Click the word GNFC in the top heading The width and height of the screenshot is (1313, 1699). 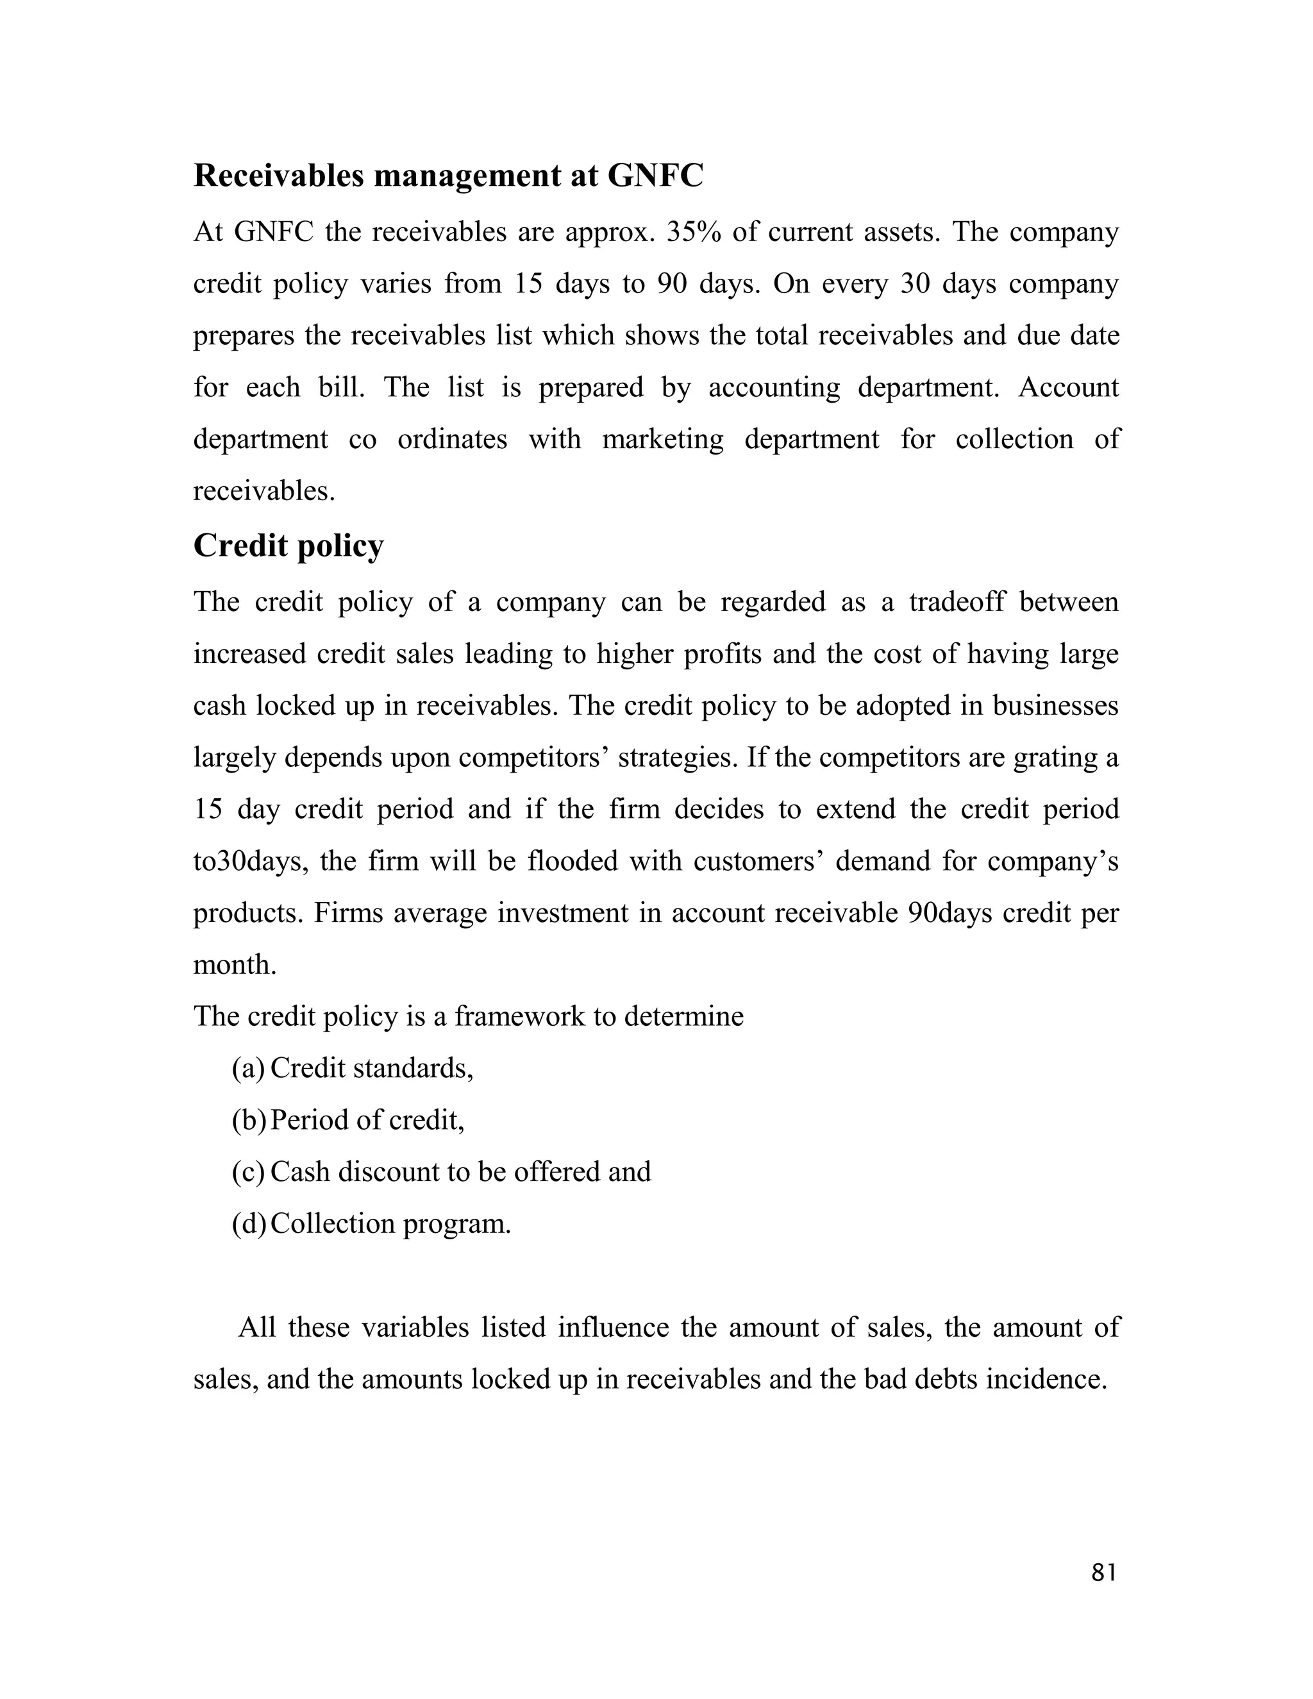(655, 176)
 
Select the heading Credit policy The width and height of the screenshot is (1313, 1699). (289, 547)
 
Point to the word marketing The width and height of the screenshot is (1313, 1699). (663, 440)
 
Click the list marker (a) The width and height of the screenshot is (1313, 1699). (248, 1068)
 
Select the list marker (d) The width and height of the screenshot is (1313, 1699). (248, 1224)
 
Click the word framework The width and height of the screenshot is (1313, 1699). (519, 1016)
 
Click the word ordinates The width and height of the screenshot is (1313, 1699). (452, 440)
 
